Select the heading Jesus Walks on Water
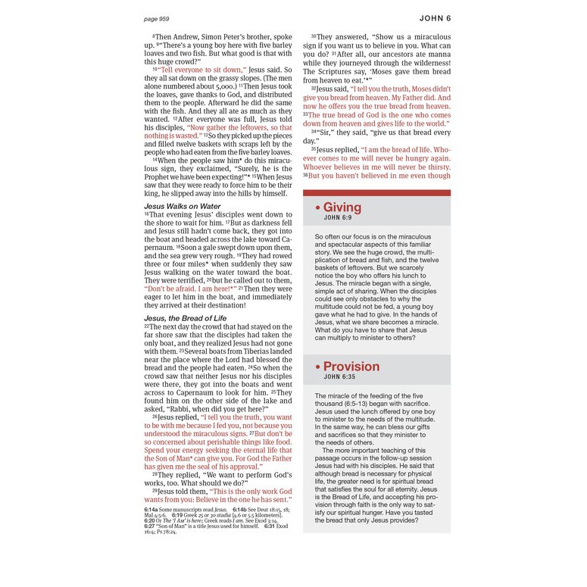[x=183, y=206]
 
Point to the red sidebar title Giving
[x=342, y=208]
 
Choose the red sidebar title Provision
[x=351, y=367]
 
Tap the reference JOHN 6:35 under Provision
[x=341, y=376]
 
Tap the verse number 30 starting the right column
[x=313, y=37]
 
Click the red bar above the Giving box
[x=376, y=193]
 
